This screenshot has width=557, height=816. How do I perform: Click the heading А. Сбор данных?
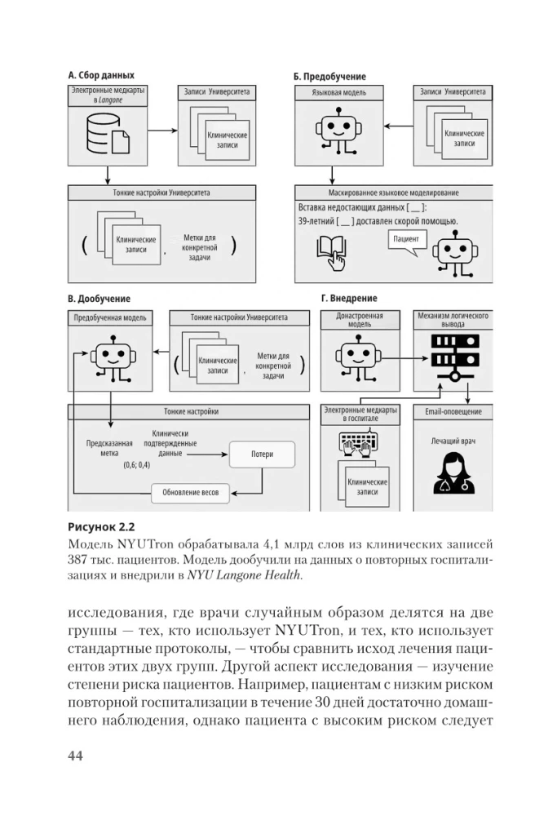point(100,75)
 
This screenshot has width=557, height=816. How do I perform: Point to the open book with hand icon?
point(333,251)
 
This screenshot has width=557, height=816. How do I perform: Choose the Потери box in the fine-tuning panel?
point(263,455)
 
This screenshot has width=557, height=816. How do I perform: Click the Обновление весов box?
point(191,492)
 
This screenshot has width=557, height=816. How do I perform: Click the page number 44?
point(76,756)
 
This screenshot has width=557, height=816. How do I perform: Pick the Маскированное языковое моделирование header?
point(393,193)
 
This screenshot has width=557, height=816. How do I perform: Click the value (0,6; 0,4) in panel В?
point(136,464)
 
